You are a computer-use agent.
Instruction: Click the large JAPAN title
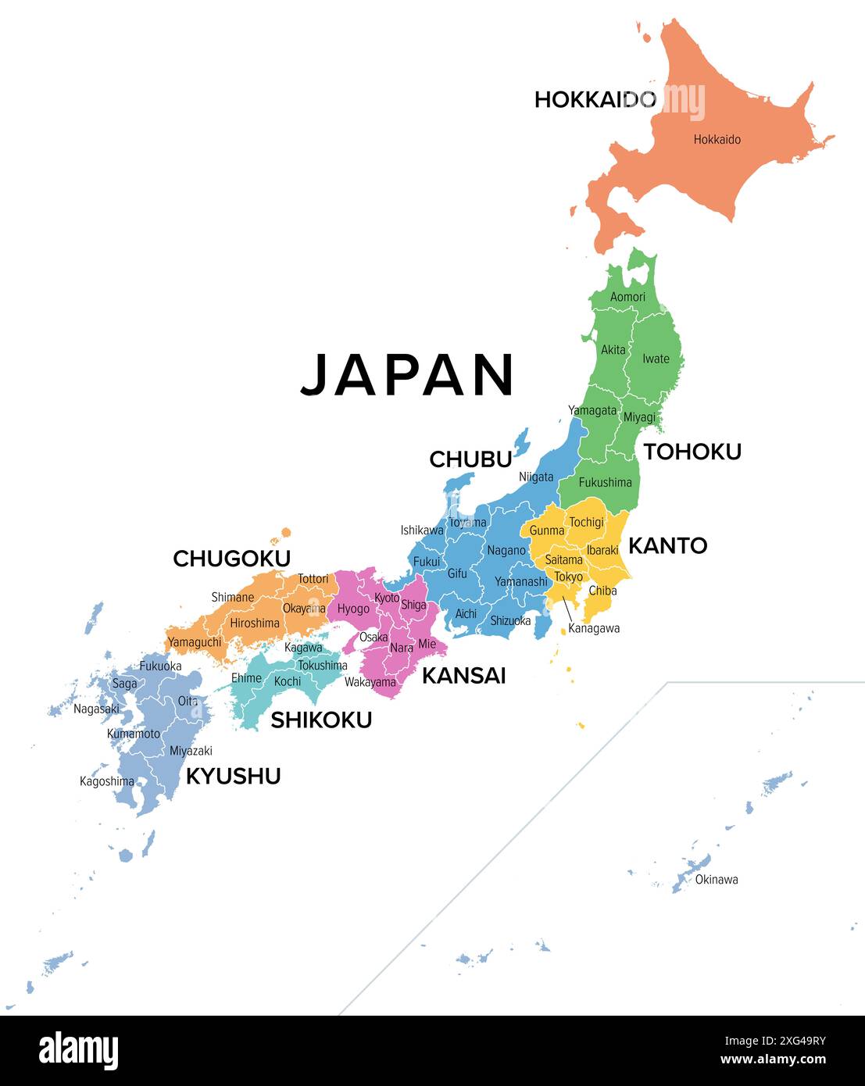[x=407, y=375]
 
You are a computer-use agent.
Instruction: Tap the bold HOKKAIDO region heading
[x=595, y=99]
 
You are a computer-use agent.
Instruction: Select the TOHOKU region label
[x=692, y=451]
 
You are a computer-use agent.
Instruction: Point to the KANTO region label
[x=667, y=545]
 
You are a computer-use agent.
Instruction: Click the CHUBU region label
[x=470, y=459]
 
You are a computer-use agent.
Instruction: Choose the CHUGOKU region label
[x=231, y=559]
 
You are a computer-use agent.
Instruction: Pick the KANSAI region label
[x=463, y=675]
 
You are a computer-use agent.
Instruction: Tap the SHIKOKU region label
[x=320, y=720]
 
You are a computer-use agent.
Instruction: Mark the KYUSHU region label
[x=233, y=776]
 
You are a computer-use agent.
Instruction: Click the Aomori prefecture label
[x=627, y=297]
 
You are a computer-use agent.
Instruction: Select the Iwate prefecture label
[x=656, y=359]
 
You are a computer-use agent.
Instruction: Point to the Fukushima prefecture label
[x=605, y=482]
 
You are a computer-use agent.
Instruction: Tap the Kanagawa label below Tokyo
[x=594, y=628]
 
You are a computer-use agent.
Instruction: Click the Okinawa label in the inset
[x=716, y=880]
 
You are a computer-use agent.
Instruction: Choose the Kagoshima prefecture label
[x=107, y=781]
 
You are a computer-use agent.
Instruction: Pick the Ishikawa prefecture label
[x=422, y=530]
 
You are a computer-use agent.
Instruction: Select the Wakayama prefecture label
[x=370, y=682]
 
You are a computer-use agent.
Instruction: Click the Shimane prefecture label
[x=232, y=597]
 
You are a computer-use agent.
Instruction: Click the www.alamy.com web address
[x=773, y=1060]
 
